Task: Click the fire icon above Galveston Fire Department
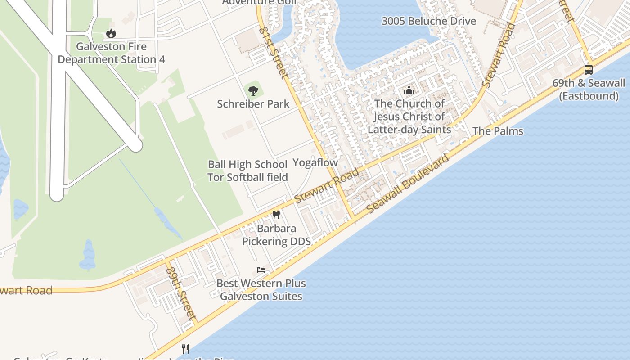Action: [x=111, y=33]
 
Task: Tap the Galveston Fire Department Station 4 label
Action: [x=111, y=53]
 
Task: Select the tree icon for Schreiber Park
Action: [x=253, y=90]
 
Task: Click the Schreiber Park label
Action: [x=253, y=104]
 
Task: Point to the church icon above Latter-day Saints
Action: [x=409, y=90]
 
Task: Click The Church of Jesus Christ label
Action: [x=409, y=117]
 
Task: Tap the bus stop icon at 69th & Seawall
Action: [x=588, y=70]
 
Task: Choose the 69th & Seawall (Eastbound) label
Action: [x=589, y=89]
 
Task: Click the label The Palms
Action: [x=498, y=131]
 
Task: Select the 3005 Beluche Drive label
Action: [x=428, y=21]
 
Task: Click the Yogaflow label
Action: [x=315, y=163]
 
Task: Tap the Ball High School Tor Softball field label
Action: [x=247, y=171]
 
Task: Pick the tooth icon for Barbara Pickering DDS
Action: [x=276, y=215]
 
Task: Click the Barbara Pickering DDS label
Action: [x=276, y=235]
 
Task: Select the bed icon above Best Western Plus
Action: [x=261, y=270]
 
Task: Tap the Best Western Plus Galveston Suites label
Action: [x=261, y=290]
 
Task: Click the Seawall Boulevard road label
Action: [x=408, y=184]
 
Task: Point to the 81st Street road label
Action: [x=273, y=52]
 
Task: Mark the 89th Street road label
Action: [x=182, y=293]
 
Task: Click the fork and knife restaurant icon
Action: [x=185, y=349]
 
